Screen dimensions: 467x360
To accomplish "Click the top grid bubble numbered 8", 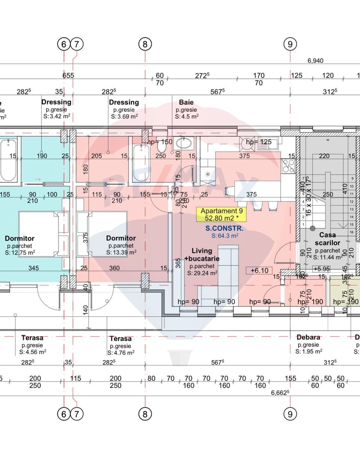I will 145,44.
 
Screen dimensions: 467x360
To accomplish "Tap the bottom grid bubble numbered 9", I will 290,414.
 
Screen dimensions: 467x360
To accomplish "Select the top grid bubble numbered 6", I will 64,44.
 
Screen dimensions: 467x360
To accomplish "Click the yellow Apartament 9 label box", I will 222,215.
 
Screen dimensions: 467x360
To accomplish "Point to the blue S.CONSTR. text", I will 224,228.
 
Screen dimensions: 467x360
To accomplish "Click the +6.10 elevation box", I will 259,270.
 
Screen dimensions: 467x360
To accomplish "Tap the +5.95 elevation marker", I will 321,269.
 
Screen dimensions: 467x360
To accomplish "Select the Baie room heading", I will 186,102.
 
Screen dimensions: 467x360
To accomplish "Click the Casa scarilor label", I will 327,239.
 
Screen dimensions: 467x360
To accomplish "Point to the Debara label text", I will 308,337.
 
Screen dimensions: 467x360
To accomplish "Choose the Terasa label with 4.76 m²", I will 120,338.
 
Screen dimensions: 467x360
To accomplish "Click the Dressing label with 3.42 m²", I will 56,102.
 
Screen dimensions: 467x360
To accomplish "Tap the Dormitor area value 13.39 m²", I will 121,252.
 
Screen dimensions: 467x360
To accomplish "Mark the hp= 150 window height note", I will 160,142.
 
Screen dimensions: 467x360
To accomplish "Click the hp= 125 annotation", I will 259,142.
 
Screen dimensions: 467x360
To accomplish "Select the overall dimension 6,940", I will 315,61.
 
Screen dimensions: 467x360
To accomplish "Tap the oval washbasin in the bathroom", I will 184,143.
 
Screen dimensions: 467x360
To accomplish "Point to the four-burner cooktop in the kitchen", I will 288,165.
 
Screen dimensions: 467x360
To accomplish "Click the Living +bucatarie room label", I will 202,254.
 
